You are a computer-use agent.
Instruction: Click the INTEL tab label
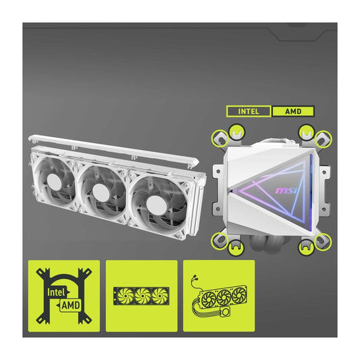(249, 111)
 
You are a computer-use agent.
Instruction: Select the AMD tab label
(293, 111)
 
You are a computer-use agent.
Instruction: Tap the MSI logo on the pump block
(286, 190)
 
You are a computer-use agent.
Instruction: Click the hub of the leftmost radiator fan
(53, 182)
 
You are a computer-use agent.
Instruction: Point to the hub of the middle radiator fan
(101, 192)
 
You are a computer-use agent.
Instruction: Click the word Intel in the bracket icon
(56, 292)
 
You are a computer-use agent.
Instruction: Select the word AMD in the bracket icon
(71, 305)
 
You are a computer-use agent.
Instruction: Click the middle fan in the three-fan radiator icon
(142, 296)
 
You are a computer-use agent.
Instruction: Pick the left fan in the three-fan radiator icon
(125, 296)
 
